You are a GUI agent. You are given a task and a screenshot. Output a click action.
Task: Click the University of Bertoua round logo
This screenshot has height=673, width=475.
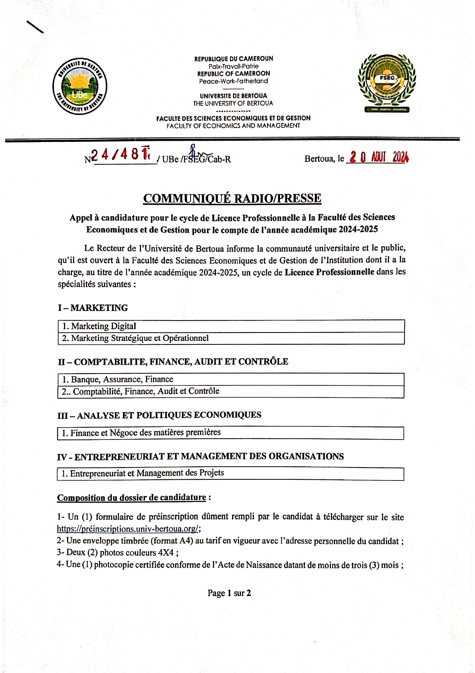[x=80, y=86]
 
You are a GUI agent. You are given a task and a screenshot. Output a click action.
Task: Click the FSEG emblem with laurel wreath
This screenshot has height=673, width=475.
[x=387, y=82]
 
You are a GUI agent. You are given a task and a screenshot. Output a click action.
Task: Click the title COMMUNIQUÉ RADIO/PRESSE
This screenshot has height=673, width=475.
[x=232, y=198]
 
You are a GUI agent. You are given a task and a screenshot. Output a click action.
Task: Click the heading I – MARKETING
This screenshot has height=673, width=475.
[x=93, y=308]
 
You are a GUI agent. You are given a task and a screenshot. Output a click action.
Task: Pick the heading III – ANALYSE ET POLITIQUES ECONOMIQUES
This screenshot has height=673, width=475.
[x=159, y=415]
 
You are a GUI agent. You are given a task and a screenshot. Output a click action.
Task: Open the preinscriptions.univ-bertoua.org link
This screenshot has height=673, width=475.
[x=128, y=529]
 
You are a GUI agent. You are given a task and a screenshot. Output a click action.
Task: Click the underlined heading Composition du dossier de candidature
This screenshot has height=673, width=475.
[x=131, y=497]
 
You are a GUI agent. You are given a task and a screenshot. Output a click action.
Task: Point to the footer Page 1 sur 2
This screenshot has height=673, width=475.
[x=229, y=593]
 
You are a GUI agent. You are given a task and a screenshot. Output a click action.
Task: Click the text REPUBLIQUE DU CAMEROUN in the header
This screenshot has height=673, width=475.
[x=234, y=59]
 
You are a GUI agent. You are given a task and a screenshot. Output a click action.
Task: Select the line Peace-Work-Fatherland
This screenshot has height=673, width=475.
[x=234, y=81]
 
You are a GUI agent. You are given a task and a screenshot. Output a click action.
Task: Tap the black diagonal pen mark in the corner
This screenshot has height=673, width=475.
[x=35, y=26]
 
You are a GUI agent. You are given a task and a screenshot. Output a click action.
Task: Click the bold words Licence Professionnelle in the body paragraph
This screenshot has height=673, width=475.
[x=329, y=272]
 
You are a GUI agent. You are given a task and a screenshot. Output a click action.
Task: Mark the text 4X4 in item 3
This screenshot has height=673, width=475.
[x=166, y=553]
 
